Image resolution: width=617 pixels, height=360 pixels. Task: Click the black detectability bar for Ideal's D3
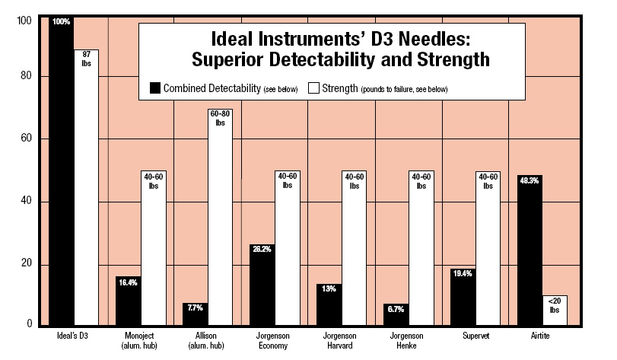(62, 175)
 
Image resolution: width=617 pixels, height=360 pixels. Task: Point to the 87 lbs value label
(86, 59)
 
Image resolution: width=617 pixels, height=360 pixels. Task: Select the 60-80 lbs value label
(221, 117)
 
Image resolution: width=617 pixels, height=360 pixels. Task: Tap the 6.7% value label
(397, 310)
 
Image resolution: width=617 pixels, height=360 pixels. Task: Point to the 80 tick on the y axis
(25, 76)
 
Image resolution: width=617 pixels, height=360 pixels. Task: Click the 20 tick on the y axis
(25, 264)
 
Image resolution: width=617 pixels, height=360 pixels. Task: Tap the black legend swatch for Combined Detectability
(157, 88)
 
